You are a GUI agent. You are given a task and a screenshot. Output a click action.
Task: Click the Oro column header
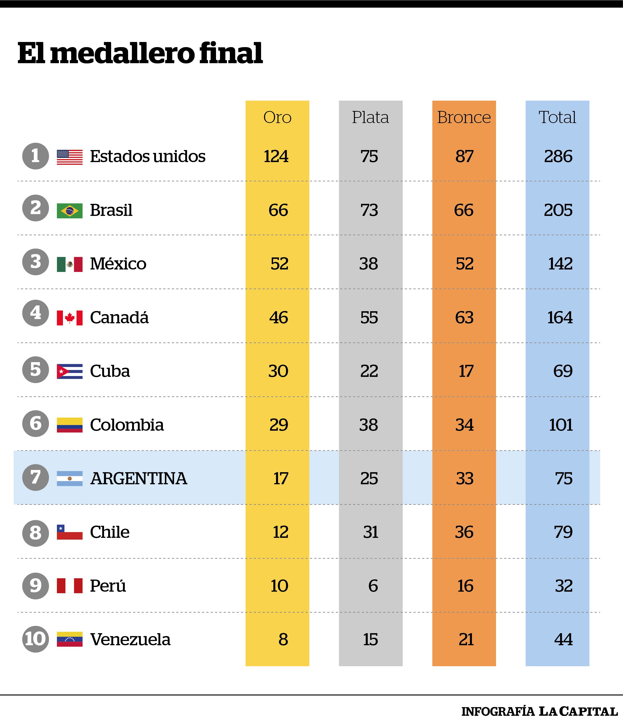277,117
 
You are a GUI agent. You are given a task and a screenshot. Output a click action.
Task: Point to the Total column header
557,117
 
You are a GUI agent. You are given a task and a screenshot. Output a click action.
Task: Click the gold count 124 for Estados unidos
276,156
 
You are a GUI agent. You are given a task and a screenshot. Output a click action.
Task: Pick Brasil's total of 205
558,210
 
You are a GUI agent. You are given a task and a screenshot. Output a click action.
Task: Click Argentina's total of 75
564,479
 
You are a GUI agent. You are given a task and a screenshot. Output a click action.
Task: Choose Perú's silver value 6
373,586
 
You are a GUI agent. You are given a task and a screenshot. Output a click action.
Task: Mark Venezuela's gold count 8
283,639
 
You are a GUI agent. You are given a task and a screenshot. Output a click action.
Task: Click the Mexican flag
70,264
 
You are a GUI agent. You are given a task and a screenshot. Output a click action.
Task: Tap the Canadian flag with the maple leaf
70,318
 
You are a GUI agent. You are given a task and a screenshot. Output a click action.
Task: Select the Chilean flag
70,532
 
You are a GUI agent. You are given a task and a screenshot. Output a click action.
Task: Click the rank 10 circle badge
35,639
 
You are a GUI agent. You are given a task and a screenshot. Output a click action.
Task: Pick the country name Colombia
127,425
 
